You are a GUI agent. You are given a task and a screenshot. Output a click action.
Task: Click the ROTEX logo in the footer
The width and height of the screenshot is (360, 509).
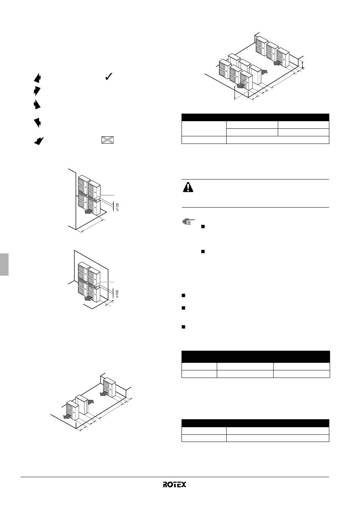pos(174,485)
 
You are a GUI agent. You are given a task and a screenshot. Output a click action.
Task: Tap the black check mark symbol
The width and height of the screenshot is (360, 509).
pos(109,77)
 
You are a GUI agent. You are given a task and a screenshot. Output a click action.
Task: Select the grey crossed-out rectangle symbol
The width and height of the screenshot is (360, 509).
pos(108,140)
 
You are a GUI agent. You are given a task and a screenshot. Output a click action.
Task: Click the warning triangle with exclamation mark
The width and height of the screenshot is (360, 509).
pos(188,187)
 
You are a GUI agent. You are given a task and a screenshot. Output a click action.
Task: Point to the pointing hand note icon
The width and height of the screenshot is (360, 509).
pos(189,221)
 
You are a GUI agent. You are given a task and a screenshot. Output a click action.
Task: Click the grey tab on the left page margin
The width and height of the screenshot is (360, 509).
pos(4,264)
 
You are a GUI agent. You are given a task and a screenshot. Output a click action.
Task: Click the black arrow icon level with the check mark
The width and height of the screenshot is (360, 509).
pos(37,78)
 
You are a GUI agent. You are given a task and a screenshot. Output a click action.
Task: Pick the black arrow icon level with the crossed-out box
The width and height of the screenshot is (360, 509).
pos(39,141)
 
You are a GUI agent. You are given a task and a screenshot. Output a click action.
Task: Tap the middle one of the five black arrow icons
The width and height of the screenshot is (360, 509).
pos(37,104)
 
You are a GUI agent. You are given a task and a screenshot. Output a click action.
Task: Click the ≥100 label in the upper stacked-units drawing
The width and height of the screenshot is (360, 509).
pos(117,207)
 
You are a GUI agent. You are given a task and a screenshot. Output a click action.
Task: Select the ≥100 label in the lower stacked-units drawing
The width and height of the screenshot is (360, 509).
pos(117,294)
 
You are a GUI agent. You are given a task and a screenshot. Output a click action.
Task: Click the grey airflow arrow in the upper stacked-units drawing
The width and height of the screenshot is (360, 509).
pos(89,212)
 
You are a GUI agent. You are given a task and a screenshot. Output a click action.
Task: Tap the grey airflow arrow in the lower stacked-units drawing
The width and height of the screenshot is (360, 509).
pos(89,298)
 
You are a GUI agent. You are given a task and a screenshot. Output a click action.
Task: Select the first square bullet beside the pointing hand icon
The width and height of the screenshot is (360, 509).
pos(203,226)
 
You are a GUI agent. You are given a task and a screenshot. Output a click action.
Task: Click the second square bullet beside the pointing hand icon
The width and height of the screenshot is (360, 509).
pos(203,251)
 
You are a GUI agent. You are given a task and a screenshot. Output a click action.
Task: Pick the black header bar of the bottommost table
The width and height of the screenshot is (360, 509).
pos(255,423)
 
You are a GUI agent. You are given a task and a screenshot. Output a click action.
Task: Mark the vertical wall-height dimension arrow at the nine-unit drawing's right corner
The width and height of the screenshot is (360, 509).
pos(302,64)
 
